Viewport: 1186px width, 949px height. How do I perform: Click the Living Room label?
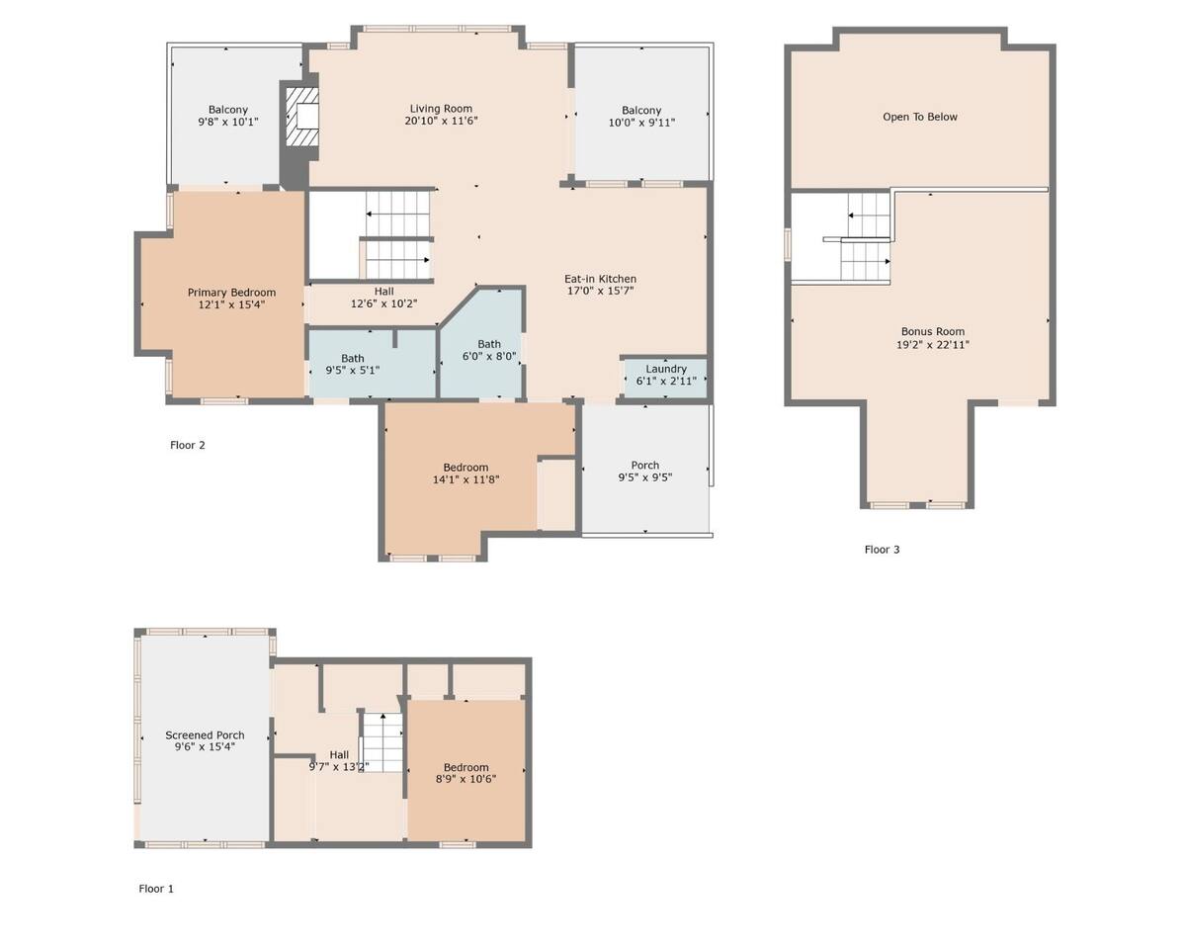tap(441, 109)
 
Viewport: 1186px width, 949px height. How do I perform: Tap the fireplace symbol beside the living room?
tap(302, 117)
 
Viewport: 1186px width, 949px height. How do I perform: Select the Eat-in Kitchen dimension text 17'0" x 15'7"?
tap(600, 291)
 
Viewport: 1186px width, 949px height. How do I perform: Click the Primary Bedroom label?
tap(231, 293)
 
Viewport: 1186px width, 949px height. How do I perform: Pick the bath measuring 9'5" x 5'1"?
tap(373, 364)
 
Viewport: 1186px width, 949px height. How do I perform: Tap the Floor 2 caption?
tap(188, 445)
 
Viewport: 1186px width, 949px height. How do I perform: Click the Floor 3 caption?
tap(882, 550)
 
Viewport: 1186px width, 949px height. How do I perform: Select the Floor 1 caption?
tap(156, 889)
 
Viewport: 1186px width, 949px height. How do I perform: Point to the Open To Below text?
tap(920, 117)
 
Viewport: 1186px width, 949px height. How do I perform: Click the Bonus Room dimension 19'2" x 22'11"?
tap(932, 345)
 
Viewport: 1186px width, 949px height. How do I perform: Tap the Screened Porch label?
tap(205, 735)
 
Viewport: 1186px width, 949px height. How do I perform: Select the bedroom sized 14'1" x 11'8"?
tap(466, 474)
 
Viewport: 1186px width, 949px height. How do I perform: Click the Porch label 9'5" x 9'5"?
tap(645, 472)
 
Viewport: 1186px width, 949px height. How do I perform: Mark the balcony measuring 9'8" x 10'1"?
tap(228, 115)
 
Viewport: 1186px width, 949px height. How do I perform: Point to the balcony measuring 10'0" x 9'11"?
tap(641, 115)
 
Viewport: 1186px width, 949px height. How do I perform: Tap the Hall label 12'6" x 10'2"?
tap(384, 298)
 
